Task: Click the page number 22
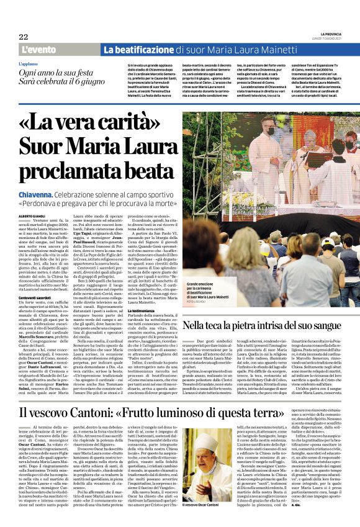point(23,37)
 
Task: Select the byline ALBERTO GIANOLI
point(35,215)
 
